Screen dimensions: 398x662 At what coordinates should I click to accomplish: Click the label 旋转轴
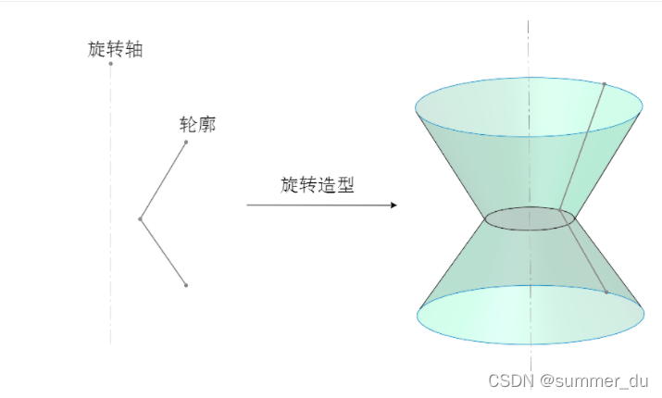click(x=115, y=49)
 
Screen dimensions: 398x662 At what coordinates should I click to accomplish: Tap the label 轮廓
click(x=197, y=124)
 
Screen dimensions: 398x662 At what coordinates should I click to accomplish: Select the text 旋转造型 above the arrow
click(x=317, y=184)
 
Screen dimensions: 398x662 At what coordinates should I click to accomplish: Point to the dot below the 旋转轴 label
click(x=110, y=63)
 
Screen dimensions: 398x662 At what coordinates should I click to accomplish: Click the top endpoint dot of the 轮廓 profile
click(x=186, y=143)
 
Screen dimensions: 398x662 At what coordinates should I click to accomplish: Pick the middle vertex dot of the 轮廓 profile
click(x=140, y=219)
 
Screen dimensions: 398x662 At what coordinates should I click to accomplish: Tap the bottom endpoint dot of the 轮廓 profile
click(x=186, y=285)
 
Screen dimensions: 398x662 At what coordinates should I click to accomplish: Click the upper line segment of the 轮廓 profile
click(x=163, y=180)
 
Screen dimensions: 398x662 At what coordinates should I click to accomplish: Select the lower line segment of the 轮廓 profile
click(x=163, y=253)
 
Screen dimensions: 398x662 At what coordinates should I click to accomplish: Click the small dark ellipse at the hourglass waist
click(x=530, y=218)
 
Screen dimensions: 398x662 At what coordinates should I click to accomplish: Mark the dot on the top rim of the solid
click(x=605, y=84)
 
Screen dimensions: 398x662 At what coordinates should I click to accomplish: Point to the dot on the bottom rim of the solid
click(x=606, y=292)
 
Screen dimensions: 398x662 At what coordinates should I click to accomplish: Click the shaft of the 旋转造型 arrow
click(x=315, y=205)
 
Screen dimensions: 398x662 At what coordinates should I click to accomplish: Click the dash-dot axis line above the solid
click(x=530, y=46)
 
